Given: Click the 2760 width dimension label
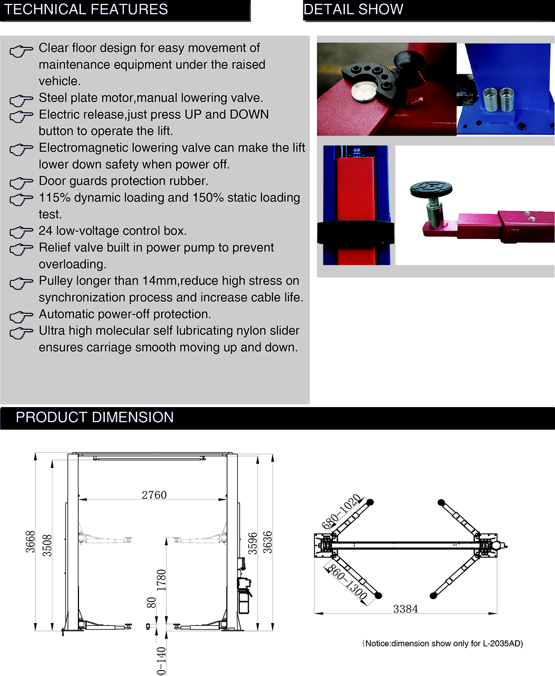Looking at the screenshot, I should [154, 495].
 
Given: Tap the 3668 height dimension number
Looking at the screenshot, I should [30, 542].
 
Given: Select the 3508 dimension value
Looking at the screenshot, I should [46, 545].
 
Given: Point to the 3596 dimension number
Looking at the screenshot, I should [253, 543].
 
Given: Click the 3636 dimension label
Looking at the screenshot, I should [268, 542].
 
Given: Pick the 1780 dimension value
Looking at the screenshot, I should [161, 580].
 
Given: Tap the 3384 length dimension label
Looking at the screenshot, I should [405, 609].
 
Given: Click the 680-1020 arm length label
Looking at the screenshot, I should [341, 512].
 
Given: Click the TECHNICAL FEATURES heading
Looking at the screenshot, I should [86, 9].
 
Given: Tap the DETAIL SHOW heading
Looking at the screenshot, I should [353, 9].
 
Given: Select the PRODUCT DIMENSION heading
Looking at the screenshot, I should [95, 417].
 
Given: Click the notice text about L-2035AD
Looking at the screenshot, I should [443, 644].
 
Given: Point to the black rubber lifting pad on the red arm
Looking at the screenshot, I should [431, 189].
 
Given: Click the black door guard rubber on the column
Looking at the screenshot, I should [355, 233].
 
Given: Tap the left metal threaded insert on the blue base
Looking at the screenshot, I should [490, 98].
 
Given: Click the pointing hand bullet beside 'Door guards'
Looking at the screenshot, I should [21, 183].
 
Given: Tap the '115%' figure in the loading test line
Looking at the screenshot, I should [54, 198].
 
